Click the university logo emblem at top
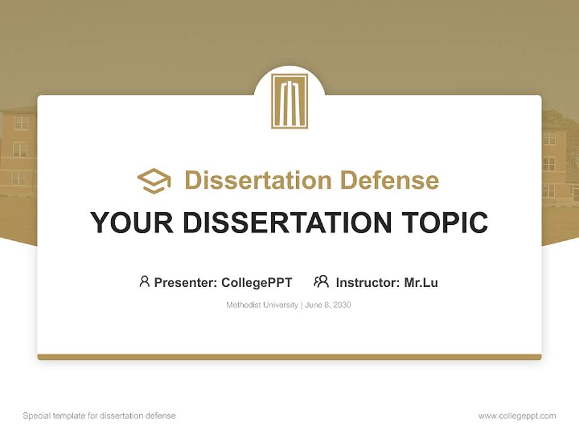click(289, 101)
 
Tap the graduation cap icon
click(154, 181)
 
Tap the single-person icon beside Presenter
click(144, 281)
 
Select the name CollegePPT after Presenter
click(256, 282)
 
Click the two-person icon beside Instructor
click(321, 281)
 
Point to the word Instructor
click(367, 282)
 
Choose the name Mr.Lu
click(421, 282)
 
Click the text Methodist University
click(262, 305)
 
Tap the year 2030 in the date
click(341, 305)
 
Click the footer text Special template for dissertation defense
click(99, 416)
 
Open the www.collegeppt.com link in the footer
click(517, 416)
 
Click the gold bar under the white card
click(289, 357)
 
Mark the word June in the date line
click(314, 305)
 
